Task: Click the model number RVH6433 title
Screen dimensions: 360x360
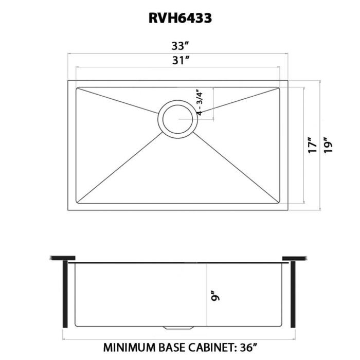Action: pyautogui.click(x=179, y=19)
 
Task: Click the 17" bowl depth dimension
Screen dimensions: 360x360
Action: pyautogui.click(x=310, y=145)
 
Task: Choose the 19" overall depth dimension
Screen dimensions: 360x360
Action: pyautogui.click(x=329, y=145)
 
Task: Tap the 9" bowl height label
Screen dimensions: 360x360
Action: pyautogui.click(x=217, y=297)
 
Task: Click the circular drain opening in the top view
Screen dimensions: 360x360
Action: pyautogui.click(x=177, y=119)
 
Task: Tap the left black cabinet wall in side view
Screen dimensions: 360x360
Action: pyautogui.click(x=65, y=293)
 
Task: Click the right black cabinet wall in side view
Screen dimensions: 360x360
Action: pyautogui.click(x=293, y=293)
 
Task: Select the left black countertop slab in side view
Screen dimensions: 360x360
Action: pyautogui.click(x=64, y=258)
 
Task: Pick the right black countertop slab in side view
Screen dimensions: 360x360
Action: pyautogui.click(x=295, y=258)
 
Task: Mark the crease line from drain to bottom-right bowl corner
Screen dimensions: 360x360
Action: pyautogui.click(x=237, y=165)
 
